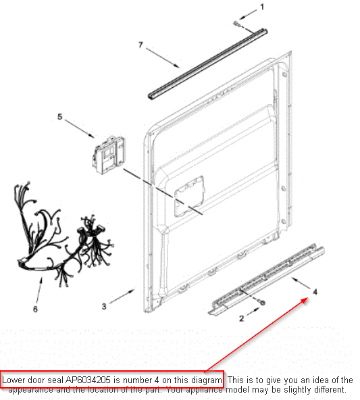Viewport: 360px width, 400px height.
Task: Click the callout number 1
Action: pyautogui.click(x=262, y=7)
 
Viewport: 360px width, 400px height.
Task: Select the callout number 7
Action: pyautogui.click(x=140, y=45)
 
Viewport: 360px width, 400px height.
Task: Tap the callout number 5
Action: pyautogui.click(x=59, y=117)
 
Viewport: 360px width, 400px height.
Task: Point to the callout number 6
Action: pyautogui.click(x=35, y=309)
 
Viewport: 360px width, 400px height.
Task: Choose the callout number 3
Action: pyautogui.click(x=104, y=306)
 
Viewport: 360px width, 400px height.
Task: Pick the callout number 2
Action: pyautogui.click(x=241, y=318)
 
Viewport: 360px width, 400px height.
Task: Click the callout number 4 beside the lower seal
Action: pyautogui.click(x=315, y=292)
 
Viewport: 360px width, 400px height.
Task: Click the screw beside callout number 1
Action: pyautogui.click(x=237, y=24)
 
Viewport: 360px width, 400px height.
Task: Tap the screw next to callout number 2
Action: pyautogui.click(x=262, y=302)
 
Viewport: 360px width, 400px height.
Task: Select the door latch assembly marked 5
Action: pyautogui.click(x=109, y=155)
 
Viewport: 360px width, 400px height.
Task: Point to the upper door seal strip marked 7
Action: pyautogui.click(x=208, y=64)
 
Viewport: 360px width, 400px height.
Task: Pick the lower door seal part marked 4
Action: pyautogui.click(x=266, y=279)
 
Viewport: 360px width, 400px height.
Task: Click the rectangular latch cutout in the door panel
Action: pyautogui.click(x=189, y=196)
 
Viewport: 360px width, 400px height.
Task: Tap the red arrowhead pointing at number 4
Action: pyautogui.click(x=305, y=301)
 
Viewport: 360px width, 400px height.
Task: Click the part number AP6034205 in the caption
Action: pyautogui.click(x=88, y=380)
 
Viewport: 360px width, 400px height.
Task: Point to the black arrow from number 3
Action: pyautogui.click(x=122, y=297)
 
